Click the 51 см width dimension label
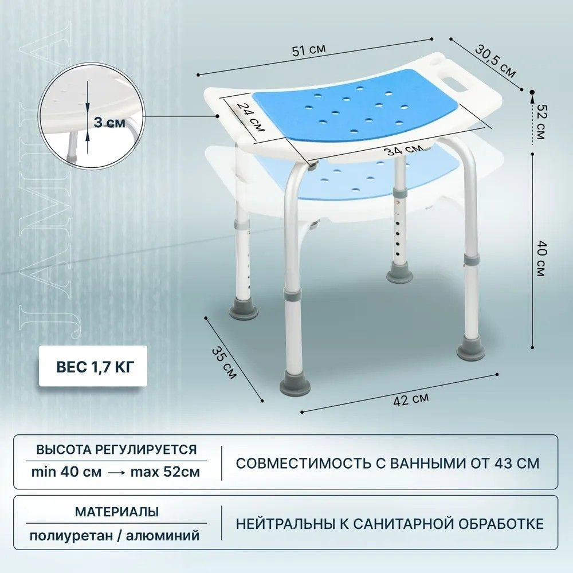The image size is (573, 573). pyautogui.click(x=309, y=50)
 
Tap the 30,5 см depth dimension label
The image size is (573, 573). pyautogui.click(x=496, y=61)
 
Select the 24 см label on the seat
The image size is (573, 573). pyautogui.click(x=251, y=116)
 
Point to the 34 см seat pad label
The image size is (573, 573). pyautogui.click(x=404, y=150)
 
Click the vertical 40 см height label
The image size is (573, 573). pyautogui.click(x=541, y=258)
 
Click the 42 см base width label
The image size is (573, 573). pyautogui.click(x=411, y=399)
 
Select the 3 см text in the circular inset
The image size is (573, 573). pyautogui.click(x=109, y=123)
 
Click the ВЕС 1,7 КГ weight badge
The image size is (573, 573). pyautogui.click(x=93, y=366)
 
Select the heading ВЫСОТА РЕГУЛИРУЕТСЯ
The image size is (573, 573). pyautogui.click(x=116, y=449)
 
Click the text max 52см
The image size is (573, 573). pyautogui.click(x=165, y=472)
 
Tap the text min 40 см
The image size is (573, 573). pyautogui.click(x=66, y=472)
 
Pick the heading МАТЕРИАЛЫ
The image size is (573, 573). pyautogui.click(x=117, y=512)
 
